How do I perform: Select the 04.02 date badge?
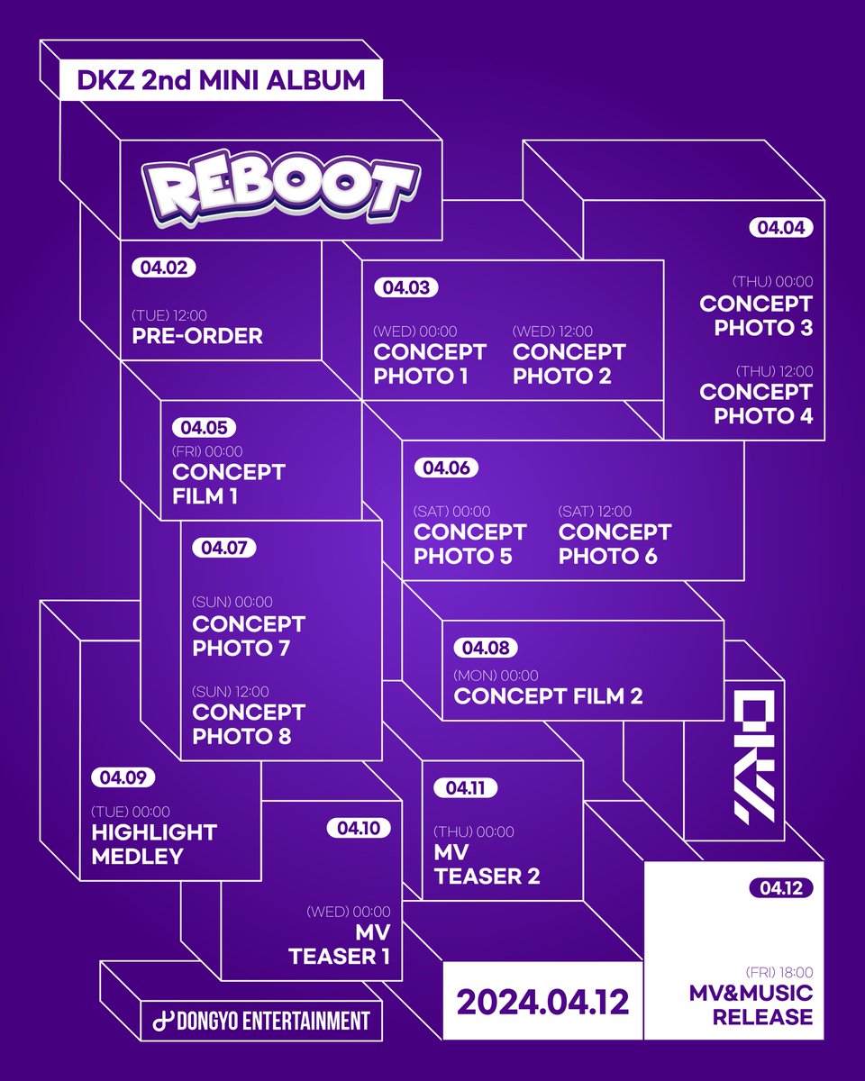coord(163,268)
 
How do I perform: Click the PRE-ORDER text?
coord(196,336)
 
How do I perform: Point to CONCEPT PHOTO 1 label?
coord(430,364)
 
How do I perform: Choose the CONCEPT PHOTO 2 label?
coord(569,364)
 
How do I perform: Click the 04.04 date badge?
coord(780,228)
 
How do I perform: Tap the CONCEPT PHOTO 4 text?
coord(756,404)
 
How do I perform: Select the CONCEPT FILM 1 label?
coord(228,484)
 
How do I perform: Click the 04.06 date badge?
coord(445,468)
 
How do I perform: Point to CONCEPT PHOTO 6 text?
coord(615,544)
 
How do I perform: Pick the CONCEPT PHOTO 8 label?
coord(249,724)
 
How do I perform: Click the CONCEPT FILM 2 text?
coord(548,695)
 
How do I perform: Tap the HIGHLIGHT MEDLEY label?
coord(154,844)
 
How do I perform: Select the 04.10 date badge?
coord(359,827)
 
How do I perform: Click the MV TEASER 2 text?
coord(487,865)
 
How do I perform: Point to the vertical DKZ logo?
coord(754,755)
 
